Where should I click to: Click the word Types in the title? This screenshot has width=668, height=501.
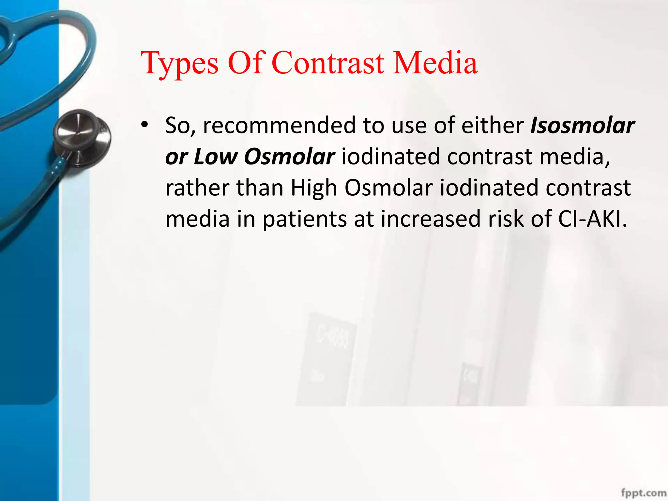tap(179, 64)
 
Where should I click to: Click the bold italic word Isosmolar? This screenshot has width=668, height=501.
tap(583, 126)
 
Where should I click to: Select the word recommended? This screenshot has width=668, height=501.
tap(279, 126)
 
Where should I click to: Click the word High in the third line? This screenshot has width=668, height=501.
tap(313, 188)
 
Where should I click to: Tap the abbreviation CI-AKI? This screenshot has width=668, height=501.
tap(592, 219)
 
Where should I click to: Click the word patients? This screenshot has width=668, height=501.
tap(305, 220)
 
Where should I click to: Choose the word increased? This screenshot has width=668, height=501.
tap(431, 219)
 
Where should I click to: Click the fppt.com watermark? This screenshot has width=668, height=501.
tap(644, 493)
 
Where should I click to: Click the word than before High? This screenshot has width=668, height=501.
tap(260, 188)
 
